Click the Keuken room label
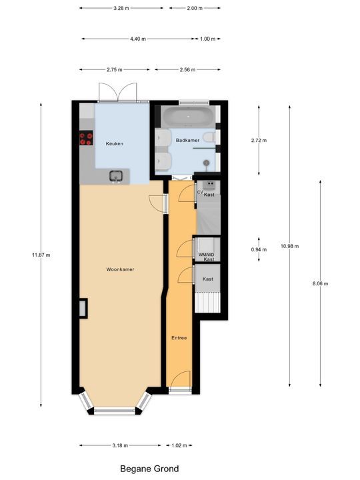click(x=115, y=143)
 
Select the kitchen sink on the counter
click(x=117, y=177)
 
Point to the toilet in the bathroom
click(x=209, y=137)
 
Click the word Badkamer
click(x=187, y=140)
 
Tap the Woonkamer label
click(x=120, y=269)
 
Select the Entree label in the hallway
click(x=179, y=337)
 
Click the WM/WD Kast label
click(x=206, y=257)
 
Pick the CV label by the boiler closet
click(x=200, y=192)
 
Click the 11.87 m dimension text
click(x=41, y=255)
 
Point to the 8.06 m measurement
click(x=321, y=283)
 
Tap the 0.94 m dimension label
click(x=259, y=249)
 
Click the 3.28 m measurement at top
click(x=121, y=8)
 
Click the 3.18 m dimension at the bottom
click(x=121, y=445)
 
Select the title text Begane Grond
click(x=149, y=469)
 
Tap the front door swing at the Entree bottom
click(x=178, y=383)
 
